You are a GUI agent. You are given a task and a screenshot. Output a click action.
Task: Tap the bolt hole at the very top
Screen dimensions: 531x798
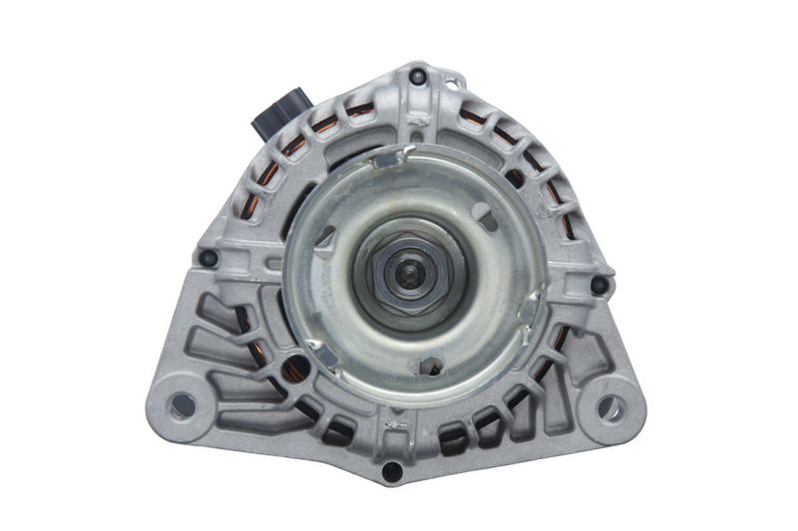click(x=418, y=76)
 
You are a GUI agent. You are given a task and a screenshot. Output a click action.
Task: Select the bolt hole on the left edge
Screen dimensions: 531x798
click(x=208, y=258)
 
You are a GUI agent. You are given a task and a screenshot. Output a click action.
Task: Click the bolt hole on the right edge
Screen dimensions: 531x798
click(x=598, y=285)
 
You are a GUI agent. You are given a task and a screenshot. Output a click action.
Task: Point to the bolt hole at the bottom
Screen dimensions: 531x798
click(x=392, y=469)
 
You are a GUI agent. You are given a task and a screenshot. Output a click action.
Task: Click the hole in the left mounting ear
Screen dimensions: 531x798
click(x=183, y=404)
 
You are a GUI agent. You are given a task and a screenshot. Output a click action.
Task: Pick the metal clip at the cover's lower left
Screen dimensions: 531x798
click(x=316, y=348)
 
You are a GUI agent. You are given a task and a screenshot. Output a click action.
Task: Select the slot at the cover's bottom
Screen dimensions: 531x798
click(x=431, y=367)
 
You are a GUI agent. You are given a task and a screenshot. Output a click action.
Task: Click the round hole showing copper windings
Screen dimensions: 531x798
click(x=294, y=370)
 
